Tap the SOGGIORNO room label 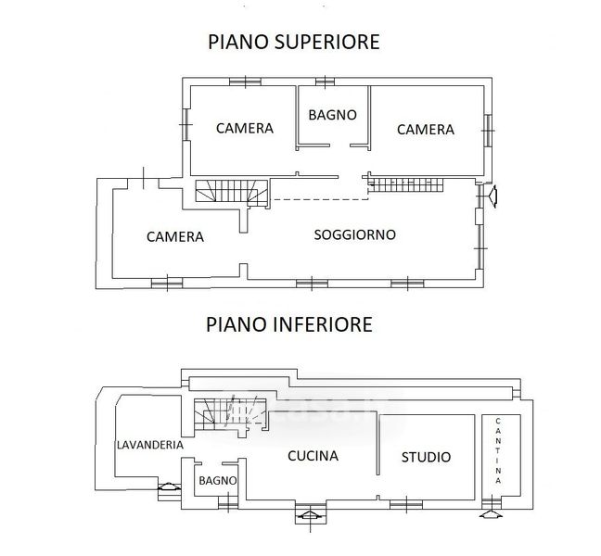(x=354, y=234)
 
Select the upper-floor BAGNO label (x=332, y=116)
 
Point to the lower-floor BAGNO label (x=218, y=481)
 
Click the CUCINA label (x=313, y=456)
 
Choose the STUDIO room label (x=426, y=457)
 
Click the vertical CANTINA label (x=499, y=450)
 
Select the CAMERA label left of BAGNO (x=244, y=128)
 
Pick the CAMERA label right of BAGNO (x=425, y=130)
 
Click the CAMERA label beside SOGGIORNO (x=174, y=236)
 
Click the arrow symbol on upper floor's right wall (x=493, y=196)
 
